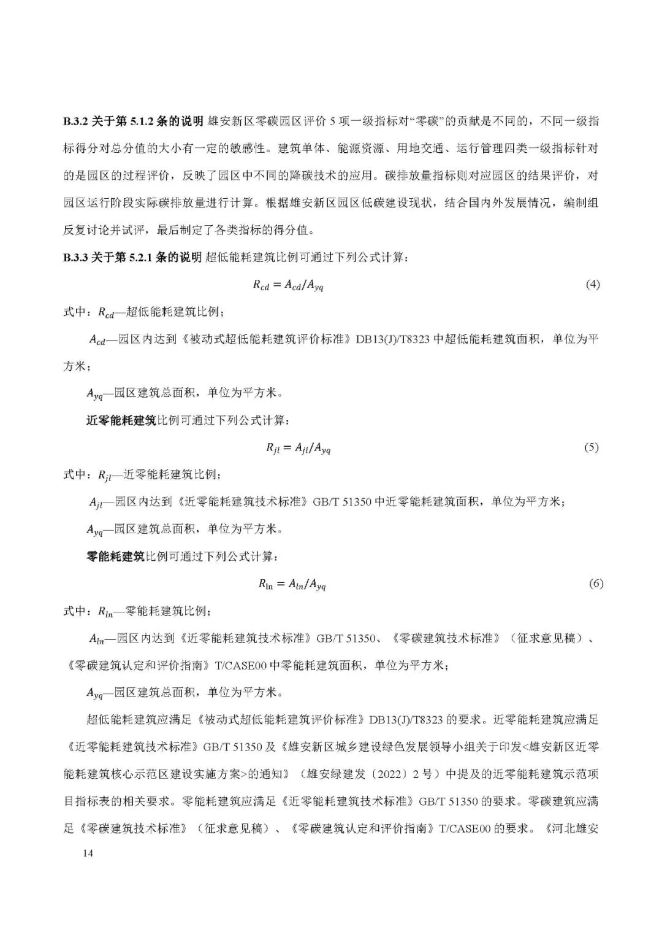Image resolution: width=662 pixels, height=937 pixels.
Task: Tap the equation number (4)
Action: [592, 285]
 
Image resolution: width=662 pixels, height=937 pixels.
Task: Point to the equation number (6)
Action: [596, 584]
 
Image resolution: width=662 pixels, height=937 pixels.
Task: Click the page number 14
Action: [88, 854]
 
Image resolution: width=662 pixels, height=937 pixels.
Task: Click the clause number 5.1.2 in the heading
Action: [140, 121]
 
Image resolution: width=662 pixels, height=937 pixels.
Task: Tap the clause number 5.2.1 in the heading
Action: [140, 258]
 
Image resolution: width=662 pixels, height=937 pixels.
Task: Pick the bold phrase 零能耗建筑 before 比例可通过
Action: [115, 557]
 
